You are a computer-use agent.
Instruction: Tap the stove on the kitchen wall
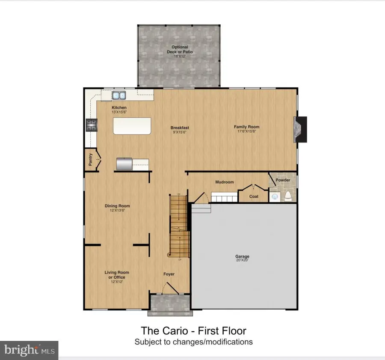click(91, 125)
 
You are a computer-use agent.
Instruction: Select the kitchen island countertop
click(133, 127)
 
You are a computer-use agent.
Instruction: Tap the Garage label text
click(242, 257)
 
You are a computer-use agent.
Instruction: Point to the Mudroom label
click(224, 182)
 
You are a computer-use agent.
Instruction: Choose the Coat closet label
click(254, 196)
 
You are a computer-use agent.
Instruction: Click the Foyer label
click(169, 274)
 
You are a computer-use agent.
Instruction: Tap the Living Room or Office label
click(117, 275)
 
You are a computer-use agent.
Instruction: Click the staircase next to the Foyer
click(179, 227)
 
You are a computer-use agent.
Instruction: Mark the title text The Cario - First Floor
click(193, 330)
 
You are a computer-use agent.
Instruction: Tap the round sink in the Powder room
click(275, 197)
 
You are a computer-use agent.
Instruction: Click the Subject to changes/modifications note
click(193, 342)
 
